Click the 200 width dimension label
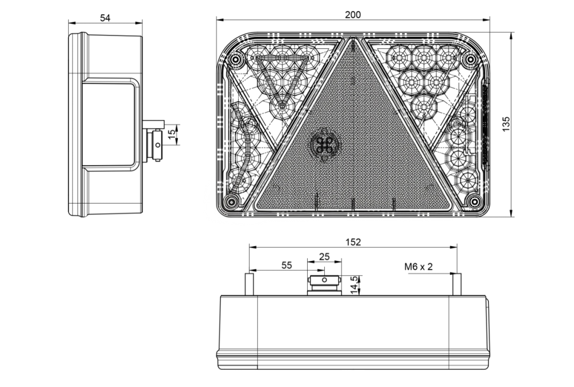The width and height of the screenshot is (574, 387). coord(352,15)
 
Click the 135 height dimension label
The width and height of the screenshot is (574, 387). coord(506,124)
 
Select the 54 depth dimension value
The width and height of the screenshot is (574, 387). coord(105,18)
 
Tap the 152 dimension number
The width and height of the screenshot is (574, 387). coord(353,242)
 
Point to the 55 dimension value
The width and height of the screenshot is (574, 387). coord(287,265)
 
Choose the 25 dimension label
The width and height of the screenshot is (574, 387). coord(324,257)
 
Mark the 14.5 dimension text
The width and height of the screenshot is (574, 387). coord(354,285)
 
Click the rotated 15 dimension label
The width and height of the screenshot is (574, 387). coord(172,135)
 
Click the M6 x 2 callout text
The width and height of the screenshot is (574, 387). coord(418,267)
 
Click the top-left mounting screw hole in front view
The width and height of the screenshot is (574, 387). coord(234,59)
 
